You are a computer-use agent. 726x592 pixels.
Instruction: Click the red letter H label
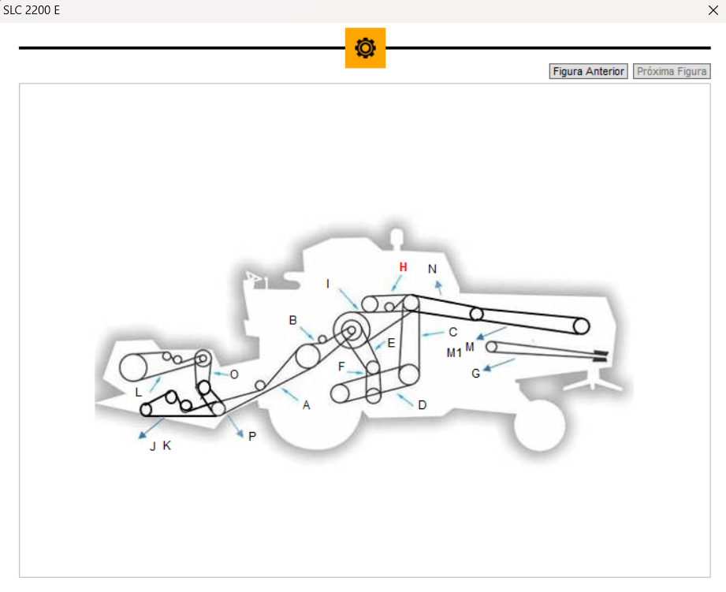click(x=403, y=267)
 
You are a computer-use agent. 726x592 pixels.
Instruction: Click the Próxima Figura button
click(x=672, y=71)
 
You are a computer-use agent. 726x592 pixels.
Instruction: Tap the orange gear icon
click(x=365, y=48)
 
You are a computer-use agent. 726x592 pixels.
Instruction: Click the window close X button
click(x=713, y=10)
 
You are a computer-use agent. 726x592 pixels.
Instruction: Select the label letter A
click(x=307, y=405)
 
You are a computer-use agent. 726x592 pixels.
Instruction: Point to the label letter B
click(x=293, y=320)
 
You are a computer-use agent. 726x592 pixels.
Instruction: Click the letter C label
click(x=453, y=332)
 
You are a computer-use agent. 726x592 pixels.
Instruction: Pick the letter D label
click(x=423, y=405)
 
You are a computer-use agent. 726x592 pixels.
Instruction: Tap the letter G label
click(x=475, y=374)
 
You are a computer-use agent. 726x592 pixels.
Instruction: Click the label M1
click(x=454, y=352)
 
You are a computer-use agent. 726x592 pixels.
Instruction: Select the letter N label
click(x=432, y=269)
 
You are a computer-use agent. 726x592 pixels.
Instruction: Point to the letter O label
click(x=234, y=374)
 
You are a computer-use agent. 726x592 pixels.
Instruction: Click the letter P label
click(x=252, y=436)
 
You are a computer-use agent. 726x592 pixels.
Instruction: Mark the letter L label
click(x=139, y=392)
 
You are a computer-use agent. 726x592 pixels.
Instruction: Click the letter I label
click(x=328, y=284)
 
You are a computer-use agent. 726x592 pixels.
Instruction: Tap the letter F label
click(x=341, y=367)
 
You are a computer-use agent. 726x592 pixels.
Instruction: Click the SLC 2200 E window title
click(x=32, y=10)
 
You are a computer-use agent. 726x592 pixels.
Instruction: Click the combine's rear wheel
click(x=539, y=425)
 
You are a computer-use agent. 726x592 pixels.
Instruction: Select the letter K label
click(x=166, y=445)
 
